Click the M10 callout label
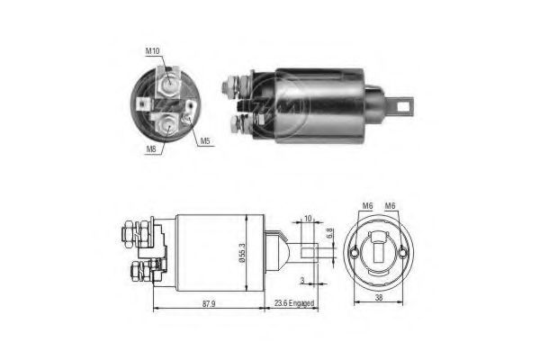tap(153, 51)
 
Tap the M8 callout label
tap(151, 148)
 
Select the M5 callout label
tap(205, 140)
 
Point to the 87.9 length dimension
tap(209, 304)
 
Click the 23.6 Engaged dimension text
tap(294, 303)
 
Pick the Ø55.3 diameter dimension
tap(242, 254)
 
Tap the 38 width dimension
tap(379, 297)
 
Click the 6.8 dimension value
tap(329, 234)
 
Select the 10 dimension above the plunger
tap(308, 219)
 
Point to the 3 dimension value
tap(302, 281)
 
